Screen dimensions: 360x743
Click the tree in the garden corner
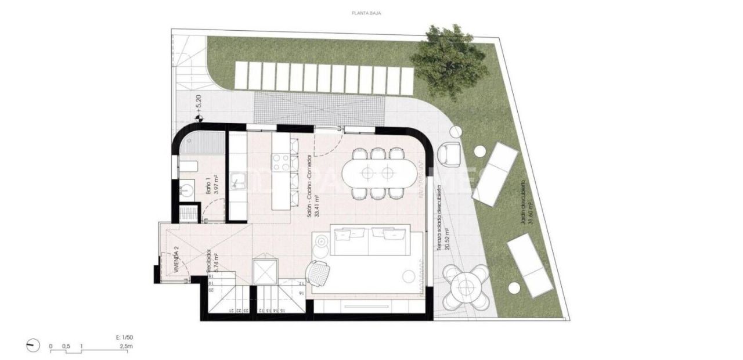pyautogui.click(x=448, y=60)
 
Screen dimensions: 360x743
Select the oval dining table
pyautogui.click(x=377, y=172)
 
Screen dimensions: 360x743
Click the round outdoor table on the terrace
pyautogui.click(x=466, y=286)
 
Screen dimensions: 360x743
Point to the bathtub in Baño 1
pyautogui.click(x=200, y=143)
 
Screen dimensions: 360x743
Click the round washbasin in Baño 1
pyautogui.click(x=187, y=189)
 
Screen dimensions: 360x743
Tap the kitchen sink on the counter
pyautogui.click(x=238, y=181)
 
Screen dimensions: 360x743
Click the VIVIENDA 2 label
pyautogui.click(x=175, y=260)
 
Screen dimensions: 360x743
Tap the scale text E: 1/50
pyautogui.click(x=125, y=337)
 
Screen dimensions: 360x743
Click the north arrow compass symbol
pyautogui.click(x=33, y=346)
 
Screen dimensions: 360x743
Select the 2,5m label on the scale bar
pyautogui.click(x=126, y=347)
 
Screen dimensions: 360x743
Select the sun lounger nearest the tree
pyautogui.click(x=495, y=173)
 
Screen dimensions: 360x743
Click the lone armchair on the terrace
pyautogui.click(x=449, y=153)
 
